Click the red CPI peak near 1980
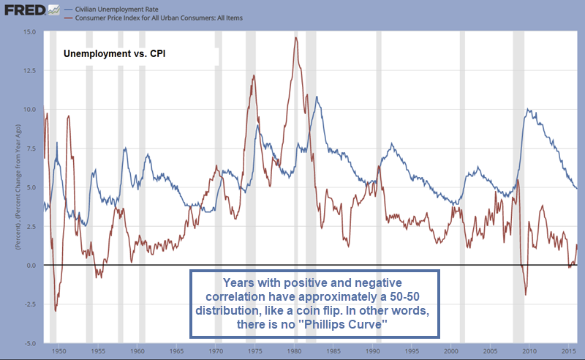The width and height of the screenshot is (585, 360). [x=295, y=37]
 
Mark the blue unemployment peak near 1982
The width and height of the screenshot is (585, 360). [x=316, y=97]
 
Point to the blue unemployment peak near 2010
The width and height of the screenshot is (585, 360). [x=528, y=110]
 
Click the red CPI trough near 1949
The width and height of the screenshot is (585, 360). [x=56, y=311]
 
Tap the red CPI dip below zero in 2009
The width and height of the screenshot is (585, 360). [x=525, y=294]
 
